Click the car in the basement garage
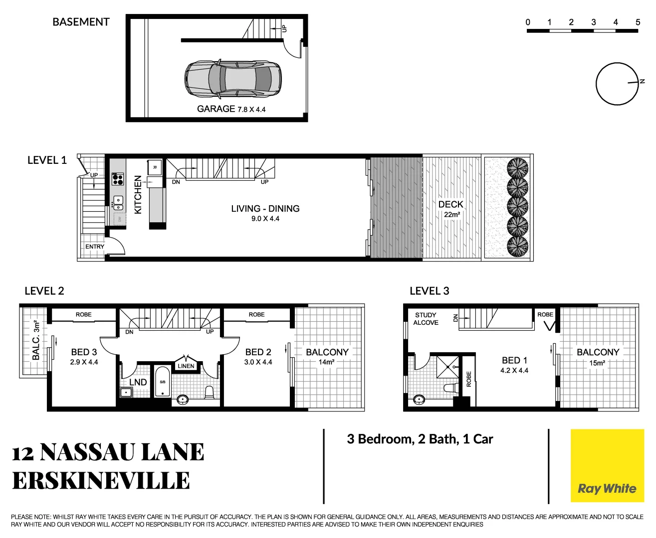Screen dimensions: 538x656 coord(233,78)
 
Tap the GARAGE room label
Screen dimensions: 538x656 coord(216,109)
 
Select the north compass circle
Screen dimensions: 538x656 coord(617,84)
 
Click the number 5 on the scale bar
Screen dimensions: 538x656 coord(638,22)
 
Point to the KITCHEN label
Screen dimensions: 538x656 coord(138,194)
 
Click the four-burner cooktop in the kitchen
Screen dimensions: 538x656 coord(118,179)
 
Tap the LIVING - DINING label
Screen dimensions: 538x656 coord(265,209)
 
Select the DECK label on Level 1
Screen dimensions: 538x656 coord(450,204)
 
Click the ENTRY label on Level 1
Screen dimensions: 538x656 coord(95,247)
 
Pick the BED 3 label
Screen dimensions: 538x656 coord(84,352)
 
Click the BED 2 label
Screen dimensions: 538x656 coord(258,352)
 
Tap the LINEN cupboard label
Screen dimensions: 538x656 coord(186,366)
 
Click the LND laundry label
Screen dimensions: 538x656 coord(138,382)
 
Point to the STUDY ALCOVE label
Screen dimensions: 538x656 coord(426,319)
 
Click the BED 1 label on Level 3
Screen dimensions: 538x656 coord(514,360)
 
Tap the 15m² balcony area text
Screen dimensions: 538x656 coord(597,363)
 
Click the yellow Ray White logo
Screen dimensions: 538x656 coord(607,466)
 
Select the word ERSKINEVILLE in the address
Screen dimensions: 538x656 coord(101,481)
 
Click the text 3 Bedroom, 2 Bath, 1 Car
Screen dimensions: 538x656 coord(420,439)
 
